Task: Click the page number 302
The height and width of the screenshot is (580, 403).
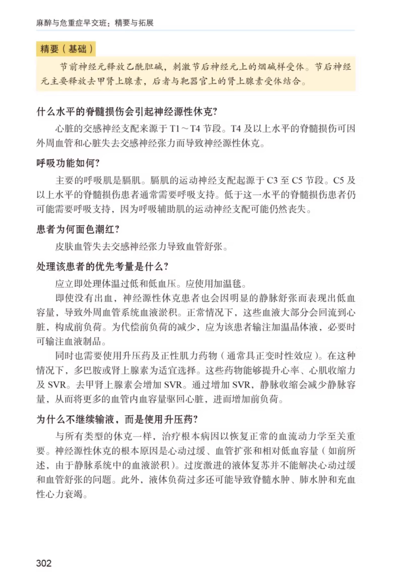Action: (44, 563)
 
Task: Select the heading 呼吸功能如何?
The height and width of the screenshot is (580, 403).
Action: (68, 163)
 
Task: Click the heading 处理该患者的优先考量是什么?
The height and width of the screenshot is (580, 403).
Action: (102, 266)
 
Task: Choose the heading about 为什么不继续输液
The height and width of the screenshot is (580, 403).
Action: (117, 420)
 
